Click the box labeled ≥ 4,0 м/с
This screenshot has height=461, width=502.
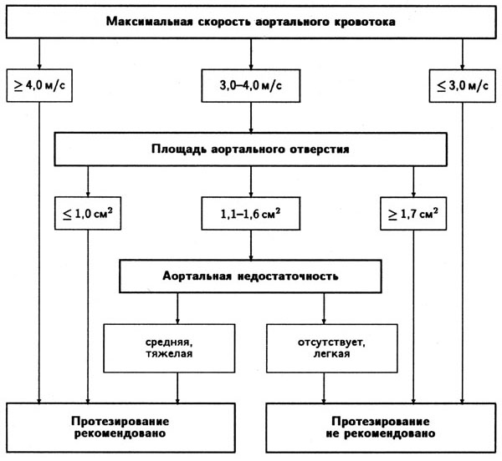39,86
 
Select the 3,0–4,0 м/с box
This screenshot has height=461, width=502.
251,86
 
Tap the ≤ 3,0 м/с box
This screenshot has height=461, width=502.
463,86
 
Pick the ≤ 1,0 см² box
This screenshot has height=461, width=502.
88,213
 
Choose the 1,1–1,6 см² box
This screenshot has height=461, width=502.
251,213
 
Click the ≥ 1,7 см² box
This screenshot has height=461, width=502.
413,213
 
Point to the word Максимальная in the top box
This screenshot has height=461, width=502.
149,22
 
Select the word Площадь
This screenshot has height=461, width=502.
179,149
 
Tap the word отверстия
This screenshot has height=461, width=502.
320,149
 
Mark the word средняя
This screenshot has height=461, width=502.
169,342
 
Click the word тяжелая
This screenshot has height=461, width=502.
169,354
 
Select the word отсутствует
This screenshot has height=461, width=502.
331,342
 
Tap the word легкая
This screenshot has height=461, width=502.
331,354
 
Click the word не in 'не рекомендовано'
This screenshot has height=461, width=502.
333,434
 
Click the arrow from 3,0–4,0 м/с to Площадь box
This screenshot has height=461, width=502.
251,118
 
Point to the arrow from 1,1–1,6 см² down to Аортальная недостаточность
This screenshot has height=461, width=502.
251,245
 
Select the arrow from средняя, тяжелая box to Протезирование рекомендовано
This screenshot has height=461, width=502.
177,388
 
